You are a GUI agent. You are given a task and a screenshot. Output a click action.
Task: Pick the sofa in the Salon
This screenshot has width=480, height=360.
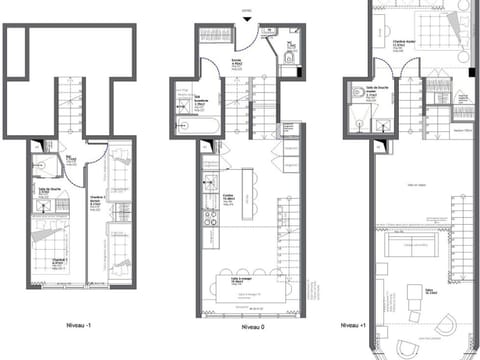click(x=411, y=246)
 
